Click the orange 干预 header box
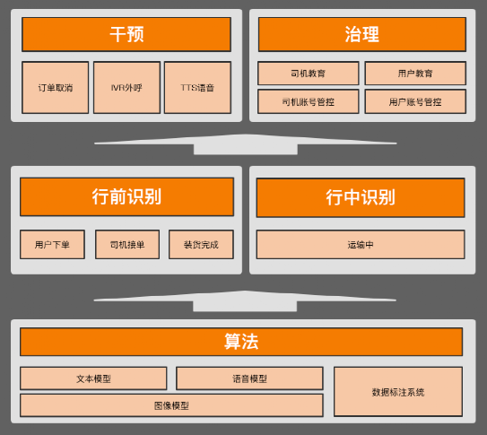click(x=126, y=34)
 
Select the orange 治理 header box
click(x=362, y=34)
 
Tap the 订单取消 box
click(x=56, y=88)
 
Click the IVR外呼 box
click(x=126, y=88)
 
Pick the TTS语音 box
click(x=198, y=88)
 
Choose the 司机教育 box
click(x=309, y=74)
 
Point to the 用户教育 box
click(x=415, y=74)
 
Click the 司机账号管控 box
click(x=309, y=101)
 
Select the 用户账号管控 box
click(x=415, y=101)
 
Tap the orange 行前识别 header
click(x=126, y=196)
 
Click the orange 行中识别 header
click(x=361, y=197)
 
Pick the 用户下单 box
click(x=52, y=244)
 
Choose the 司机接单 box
click(x=127, y=244)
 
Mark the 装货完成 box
click(x=201, y=244)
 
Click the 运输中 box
click(x=361, y=244)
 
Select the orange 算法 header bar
click(x=241, y=342)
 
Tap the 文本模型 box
click(x=93, y=378)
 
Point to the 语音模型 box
click(x=249, y=378)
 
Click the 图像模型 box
click(x=171, y=405)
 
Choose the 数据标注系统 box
click(x=398, y=392)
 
